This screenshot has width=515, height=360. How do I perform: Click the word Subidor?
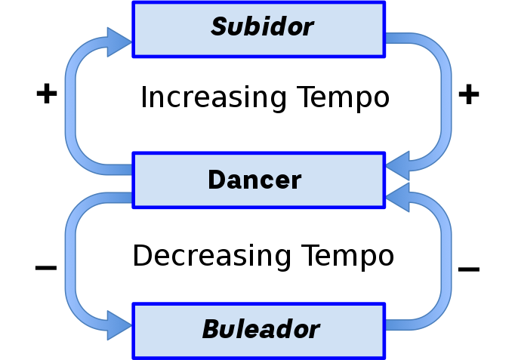click(262, 27)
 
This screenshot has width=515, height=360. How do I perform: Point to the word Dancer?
click(254, 180)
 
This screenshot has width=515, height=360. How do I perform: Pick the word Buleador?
click(261, 329)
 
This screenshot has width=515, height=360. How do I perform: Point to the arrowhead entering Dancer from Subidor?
click(398, 164)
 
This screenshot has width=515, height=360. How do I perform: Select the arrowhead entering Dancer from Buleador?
click(398, 197)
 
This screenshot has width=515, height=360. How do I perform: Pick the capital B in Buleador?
click(212, 329)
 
